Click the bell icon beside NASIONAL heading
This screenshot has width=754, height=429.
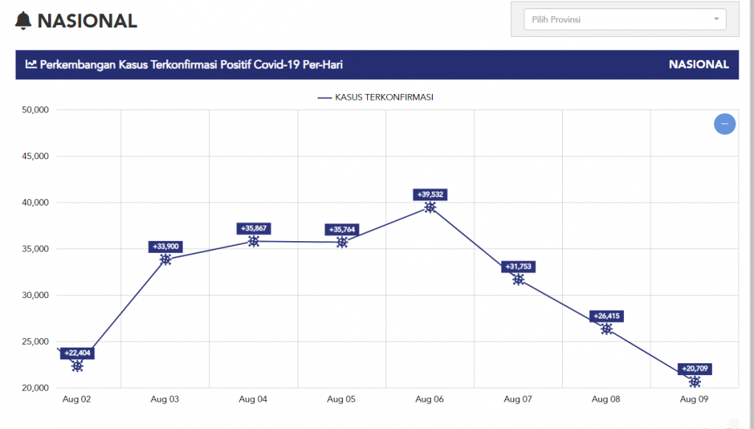[24, 21]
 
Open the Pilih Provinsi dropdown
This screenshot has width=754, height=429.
[624, 20]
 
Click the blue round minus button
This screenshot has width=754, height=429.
[724, 124]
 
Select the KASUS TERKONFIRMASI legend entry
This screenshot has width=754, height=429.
[375, 97]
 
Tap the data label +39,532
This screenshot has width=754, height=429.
[431, 195]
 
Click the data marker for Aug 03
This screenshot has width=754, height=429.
[165, 259]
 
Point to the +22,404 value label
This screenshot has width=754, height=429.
[77, 353]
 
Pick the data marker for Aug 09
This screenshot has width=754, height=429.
[694, 382]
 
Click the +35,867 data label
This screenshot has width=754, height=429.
[253, 229]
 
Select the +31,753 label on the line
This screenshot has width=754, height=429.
[519, 266]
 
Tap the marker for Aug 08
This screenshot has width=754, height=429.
[606, 329]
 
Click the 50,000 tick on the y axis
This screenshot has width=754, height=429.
[32, 110]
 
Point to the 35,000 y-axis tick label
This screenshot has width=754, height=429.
[32, 249]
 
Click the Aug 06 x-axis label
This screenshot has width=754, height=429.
[429, 399]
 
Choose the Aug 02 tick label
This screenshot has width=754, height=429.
[76, 399]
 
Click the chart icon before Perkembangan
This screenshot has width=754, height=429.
[31, 64]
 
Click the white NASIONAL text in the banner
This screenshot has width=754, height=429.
[698, 64]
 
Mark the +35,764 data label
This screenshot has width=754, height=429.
[342, 229]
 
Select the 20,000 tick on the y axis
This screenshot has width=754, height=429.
[32, 388]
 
